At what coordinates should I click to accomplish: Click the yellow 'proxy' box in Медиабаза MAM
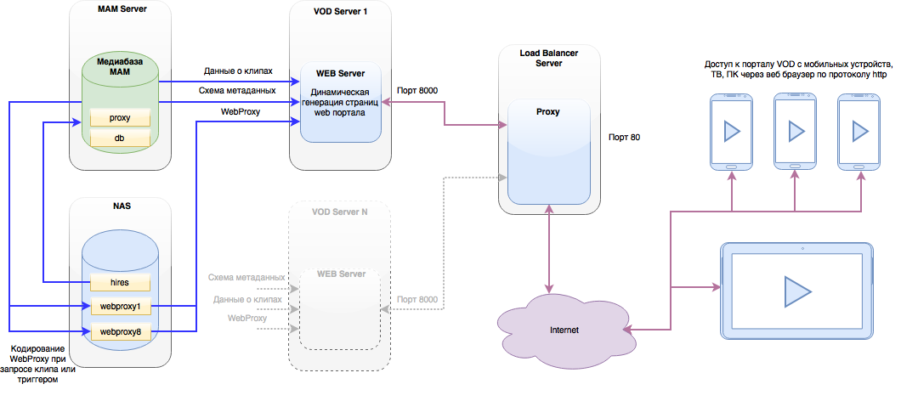coord(120,118)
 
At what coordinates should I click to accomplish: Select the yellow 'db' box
coord(120,138)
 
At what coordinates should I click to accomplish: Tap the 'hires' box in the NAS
coord(120,282)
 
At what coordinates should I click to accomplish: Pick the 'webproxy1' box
coord(120,307)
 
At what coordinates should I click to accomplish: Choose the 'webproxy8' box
coord(120,331)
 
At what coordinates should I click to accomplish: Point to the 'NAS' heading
coord(122,206)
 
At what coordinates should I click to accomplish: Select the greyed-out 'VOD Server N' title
coord(340,212)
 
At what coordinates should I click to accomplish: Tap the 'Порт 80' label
coord(624,138)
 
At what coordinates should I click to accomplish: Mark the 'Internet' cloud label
coord(565,330)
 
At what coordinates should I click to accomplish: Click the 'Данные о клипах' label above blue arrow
coord(238,71)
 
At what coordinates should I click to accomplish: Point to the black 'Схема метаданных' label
coord(239,91)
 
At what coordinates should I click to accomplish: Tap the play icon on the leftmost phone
coord(732,132)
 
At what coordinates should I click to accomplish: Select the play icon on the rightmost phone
coord(860,132)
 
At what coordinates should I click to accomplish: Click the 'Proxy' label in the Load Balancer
coord(548,112)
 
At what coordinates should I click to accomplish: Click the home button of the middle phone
coord(796,166)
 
